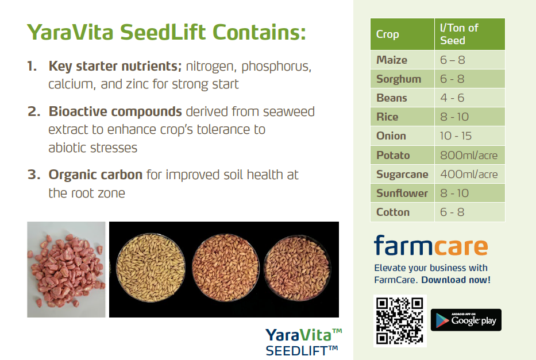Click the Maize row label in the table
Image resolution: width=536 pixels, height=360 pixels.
tap(391, 60)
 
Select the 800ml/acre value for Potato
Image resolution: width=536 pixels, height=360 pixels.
tap(469, 156)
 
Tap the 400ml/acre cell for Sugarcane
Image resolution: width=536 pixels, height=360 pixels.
tap(469, 174)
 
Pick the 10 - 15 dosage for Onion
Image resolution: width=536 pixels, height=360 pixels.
tap(456, 136)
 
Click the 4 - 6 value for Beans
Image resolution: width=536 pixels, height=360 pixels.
tap(452, 98)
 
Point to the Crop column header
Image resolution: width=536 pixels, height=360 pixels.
tap(387, 34)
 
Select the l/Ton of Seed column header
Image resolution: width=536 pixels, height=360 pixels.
tap(459, 34)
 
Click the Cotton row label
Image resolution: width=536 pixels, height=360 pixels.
tap(393, 212)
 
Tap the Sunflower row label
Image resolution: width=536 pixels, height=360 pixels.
tap(402, 193)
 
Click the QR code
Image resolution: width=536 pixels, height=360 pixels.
tap(400, 321)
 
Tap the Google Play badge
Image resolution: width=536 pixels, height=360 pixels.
tap(466, 320)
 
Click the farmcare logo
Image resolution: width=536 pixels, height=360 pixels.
tap(431, 246)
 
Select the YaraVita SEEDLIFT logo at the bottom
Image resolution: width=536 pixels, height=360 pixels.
tap(303, 342)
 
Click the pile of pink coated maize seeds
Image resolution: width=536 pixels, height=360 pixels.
tap(66, 270)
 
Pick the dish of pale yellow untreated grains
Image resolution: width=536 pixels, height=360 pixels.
tap(151, 268)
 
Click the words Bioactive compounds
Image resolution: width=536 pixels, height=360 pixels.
tap(115, 112)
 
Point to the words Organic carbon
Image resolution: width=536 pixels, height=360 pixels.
tap(95, 175)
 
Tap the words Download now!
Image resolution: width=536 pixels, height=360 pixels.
tap(456, 280)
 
